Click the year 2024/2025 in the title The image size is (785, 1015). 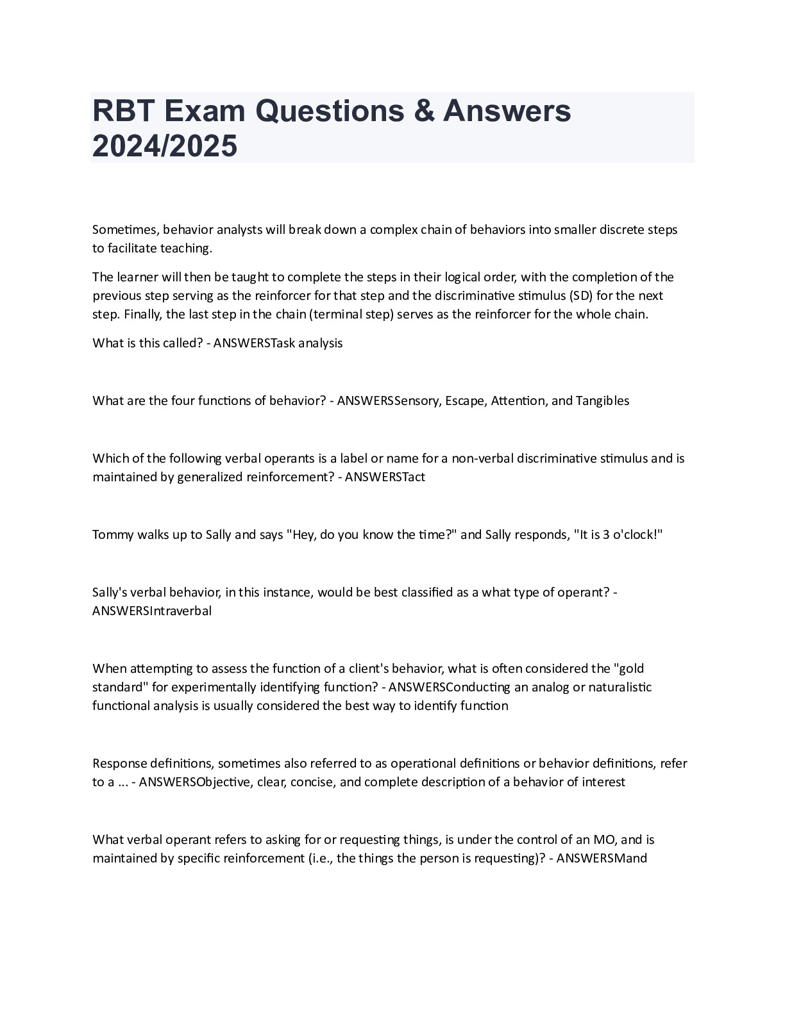coord(165,146)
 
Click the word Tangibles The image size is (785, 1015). coord(602,400)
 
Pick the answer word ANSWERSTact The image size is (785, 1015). coord(385,477)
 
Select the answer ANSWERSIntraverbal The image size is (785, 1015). coord(152,611)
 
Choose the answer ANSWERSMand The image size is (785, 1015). coord(602,858)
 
